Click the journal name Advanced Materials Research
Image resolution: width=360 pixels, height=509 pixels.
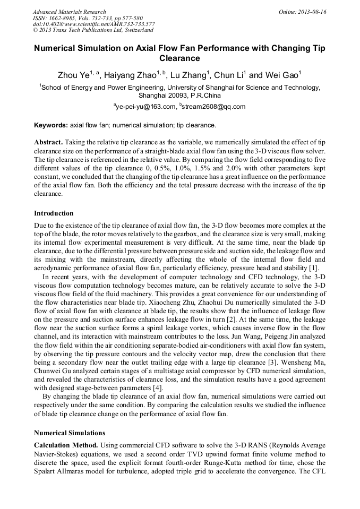coord(69,12)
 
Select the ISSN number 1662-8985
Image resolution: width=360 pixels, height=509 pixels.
coord(63,18)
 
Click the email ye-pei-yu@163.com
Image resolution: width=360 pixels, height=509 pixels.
coord(146,107)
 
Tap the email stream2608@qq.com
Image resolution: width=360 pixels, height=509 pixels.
coord(215,107)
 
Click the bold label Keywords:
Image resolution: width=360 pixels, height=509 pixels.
coord(51,126)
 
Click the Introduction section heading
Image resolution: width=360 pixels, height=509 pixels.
coord(54,213)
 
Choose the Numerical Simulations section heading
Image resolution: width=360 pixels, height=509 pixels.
coord(70,433)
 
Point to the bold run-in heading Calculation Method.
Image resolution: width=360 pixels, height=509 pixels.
coord(65,445)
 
